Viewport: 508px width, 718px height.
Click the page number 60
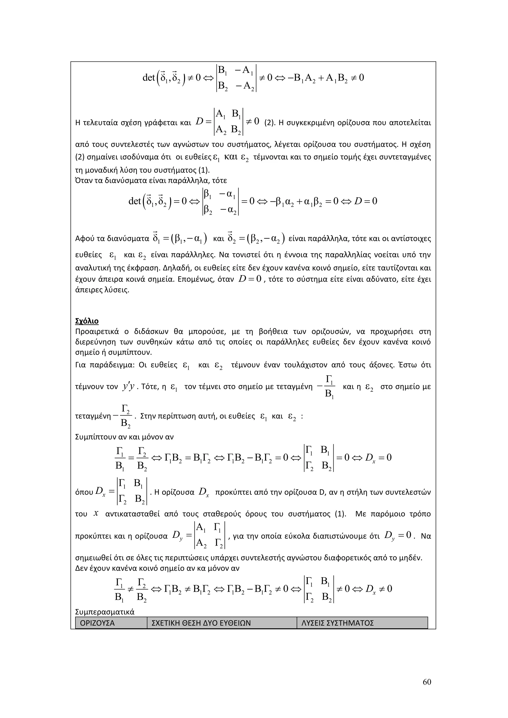click(x=427, y=682)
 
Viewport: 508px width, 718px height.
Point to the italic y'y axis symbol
click(x=128, y=387)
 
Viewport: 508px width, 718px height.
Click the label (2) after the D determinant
click(x=269, y=122)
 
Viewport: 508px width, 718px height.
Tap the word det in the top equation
click(x=149, y=77)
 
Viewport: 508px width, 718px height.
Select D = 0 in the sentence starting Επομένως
click(x=250, y=279)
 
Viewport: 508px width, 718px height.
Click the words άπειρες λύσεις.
click(x=102, y=290)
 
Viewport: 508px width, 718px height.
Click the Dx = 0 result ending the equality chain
click(x=378, y=458)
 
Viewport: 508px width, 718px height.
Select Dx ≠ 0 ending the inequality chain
click(x=378, y=589)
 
